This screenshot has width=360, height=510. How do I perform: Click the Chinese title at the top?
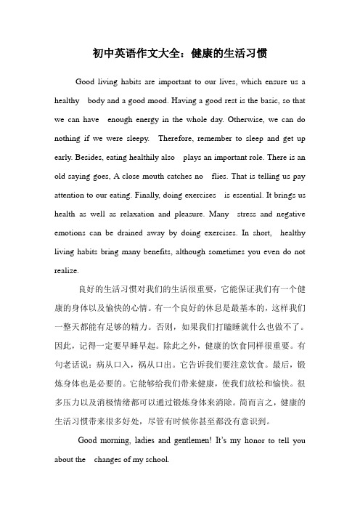180,54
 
